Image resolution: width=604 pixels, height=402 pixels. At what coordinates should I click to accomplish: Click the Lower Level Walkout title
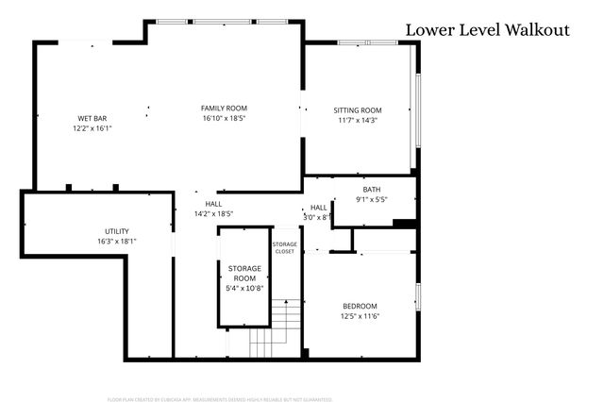[487, 30]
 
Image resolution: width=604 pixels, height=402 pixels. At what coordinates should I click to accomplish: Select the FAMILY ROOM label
[224, 109]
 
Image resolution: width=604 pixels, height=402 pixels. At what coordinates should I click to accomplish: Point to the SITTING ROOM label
[358, 110]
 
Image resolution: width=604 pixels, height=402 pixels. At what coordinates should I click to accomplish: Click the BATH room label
[371, 190]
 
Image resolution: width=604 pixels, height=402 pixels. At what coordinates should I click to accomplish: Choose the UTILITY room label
[117, 231]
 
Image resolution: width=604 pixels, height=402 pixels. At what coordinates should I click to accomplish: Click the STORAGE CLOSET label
[285, 248]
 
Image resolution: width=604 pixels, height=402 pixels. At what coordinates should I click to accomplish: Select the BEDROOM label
[359, 306]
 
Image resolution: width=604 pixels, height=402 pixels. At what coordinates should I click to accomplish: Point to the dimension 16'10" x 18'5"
[224, 119]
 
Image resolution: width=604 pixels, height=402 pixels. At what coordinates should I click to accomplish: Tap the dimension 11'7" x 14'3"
[358, 121]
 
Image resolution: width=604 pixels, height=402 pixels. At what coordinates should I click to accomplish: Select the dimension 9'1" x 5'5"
[371, 199]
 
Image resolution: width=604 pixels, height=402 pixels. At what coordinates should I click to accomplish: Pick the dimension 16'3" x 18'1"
[117, 242]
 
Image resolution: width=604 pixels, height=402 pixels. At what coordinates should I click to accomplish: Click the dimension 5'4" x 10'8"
[243, 289]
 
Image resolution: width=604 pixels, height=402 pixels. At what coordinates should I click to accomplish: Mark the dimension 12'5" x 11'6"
[359, 316]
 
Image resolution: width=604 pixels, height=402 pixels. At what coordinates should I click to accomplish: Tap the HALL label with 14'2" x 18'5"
[213, 204]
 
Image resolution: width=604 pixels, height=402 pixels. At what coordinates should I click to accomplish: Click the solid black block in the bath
[404, 224]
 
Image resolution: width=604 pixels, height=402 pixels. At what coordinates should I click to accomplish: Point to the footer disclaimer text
[220, 399]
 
